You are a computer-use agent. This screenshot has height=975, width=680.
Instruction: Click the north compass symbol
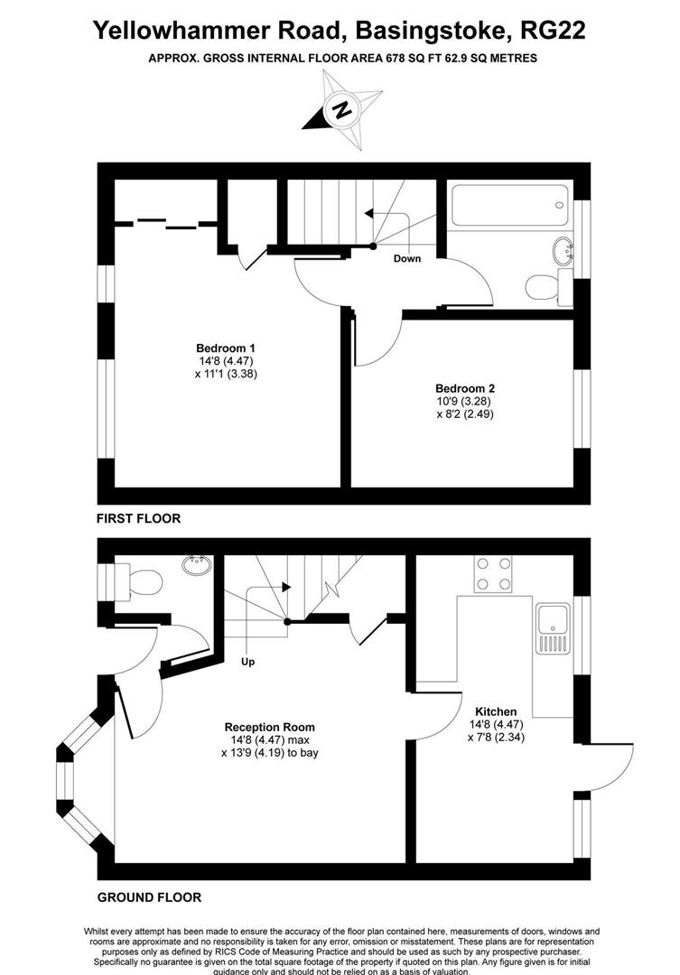(341, 111)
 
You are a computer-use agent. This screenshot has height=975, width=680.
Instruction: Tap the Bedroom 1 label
(226, 348)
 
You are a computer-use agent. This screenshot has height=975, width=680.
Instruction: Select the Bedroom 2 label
(465, 388)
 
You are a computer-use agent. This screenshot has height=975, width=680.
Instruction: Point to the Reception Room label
(269, 727)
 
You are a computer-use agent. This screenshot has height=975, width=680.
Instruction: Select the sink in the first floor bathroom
(562, 248)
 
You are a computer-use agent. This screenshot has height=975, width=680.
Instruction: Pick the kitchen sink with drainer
(552, 628)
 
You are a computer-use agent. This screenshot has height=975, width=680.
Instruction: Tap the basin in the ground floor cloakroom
(196, 565)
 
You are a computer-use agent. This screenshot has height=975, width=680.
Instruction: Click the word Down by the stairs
(406, 259)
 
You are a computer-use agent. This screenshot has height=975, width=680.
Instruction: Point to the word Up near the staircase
(247, 662)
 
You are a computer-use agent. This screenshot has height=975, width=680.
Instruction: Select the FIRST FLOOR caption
(139, 518)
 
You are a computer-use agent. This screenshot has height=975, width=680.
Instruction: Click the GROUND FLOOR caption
(149, 897)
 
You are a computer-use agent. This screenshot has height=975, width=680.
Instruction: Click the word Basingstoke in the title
(425, 31)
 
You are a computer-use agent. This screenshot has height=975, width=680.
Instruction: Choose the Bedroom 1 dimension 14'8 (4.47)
(226, 361)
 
